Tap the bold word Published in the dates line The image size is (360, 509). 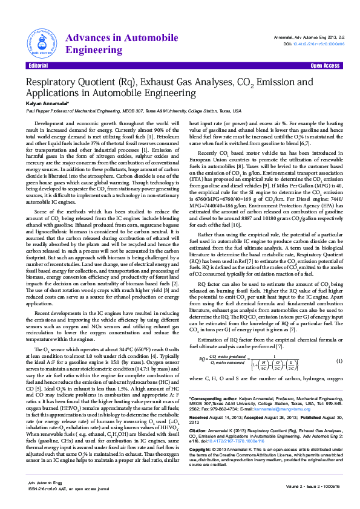coord(303,434)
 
